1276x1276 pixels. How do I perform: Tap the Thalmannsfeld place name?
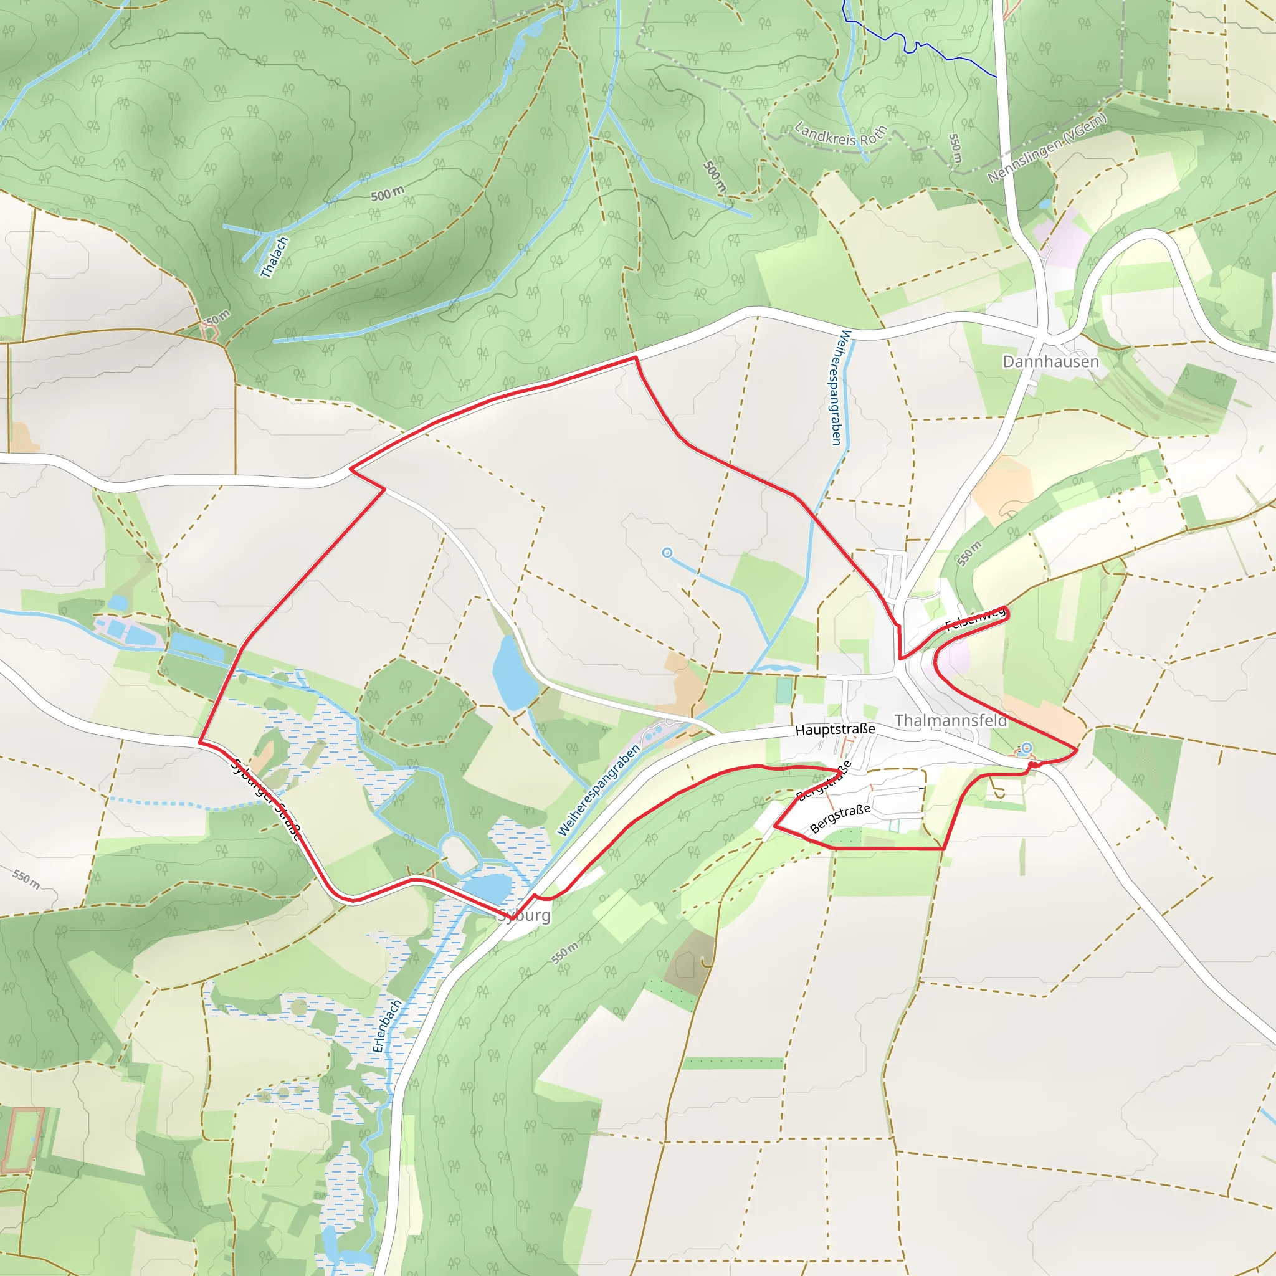[x=951, y=721]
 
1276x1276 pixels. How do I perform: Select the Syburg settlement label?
[x=525, y=915]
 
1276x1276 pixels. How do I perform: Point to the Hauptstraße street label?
[x=835, y=729]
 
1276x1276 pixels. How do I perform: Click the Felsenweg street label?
[x=975, y=619]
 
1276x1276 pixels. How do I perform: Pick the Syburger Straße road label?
[x=266, y=800]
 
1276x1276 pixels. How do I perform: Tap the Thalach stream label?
[x=275, y=257]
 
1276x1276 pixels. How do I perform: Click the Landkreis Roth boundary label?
[x=840, y=134]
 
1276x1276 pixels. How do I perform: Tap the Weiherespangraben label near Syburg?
[x=599, y=790]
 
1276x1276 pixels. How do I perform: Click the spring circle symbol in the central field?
[x=667, y=552]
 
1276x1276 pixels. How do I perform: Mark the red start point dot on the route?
[x=1032, y=765]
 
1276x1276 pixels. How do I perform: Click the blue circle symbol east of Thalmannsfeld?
[x=1026, y=747]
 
